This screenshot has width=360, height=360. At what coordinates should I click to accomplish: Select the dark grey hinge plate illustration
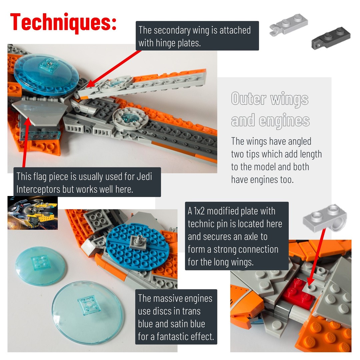331,38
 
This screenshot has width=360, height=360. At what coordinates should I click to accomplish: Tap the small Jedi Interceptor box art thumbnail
32,213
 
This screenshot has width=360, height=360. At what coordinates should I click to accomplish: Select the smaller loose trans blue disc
40,266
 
